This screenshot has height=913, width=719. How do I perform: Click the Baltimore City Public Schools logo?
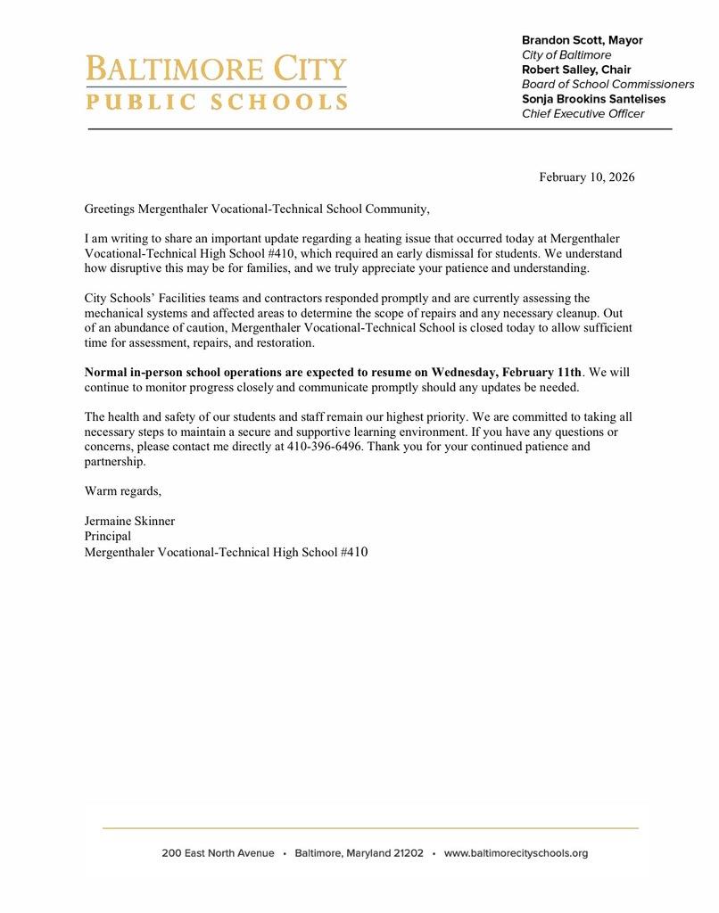click(x=216, y=82)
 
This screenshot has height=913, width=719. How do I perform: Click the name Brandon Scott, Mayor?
click(x=582, y=40)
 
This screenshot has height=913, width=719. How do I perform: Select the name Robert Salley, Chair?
click(x=575, y=70)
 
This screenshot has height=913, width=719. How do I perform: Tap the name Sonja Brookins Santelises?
click(x=593, y=99)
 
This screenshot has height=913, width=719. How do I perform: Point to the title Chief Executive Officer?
click(x=583, y=113)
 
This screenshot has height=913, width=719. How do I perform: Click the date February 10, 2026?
click(x=586, y=177)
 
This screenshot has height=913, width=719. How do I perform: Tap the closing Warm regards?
click(x=122, y=490)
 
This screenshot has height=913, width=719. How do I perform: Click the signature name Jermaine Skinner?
click(x=129, y=521)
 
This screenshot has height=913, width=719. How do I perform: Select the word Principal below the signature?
click(x=107, y=536)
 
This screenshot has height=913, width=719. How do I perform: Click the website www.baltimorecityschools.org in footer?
click(x=516, y=853)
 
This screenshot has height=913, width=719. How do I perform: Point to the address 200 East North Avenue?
click(x=218, y=853)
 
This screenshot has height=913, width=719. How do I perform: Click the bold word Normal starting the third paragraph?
click(x=107, y=372)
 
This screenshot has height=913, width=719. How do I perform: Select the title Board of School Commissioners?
click(x=607, y=84)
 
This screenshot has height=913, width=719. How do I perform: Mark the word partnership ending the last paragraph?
click(x=114, y=462)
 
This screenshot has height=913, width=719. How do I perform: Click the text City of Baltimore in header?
click(x=566, y=55)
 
